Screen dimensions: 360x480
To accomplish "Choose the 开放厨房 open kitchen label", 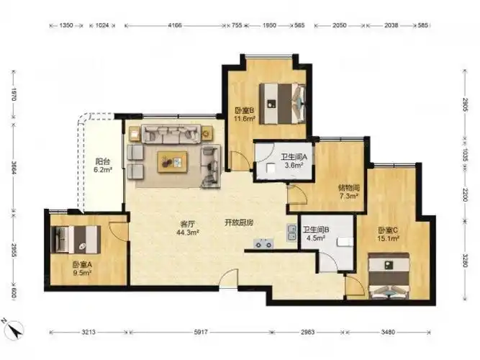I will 239,222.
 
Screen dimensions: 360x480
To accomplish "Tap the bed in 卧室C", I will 389,276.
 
